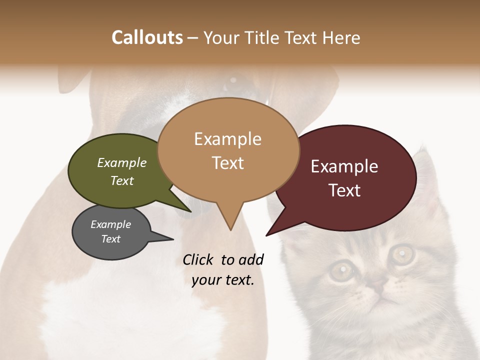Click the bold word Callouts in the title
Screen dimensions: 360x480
147,38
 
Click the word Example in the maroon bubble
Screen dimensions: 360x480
344,166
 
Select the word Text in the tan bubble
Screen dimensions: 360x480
228,163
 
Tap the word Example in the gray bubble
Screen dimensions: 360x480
110,224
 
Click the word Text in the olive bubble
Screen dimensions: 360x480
122,181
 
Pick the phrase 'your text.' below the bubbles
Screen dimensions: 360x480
223,280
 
